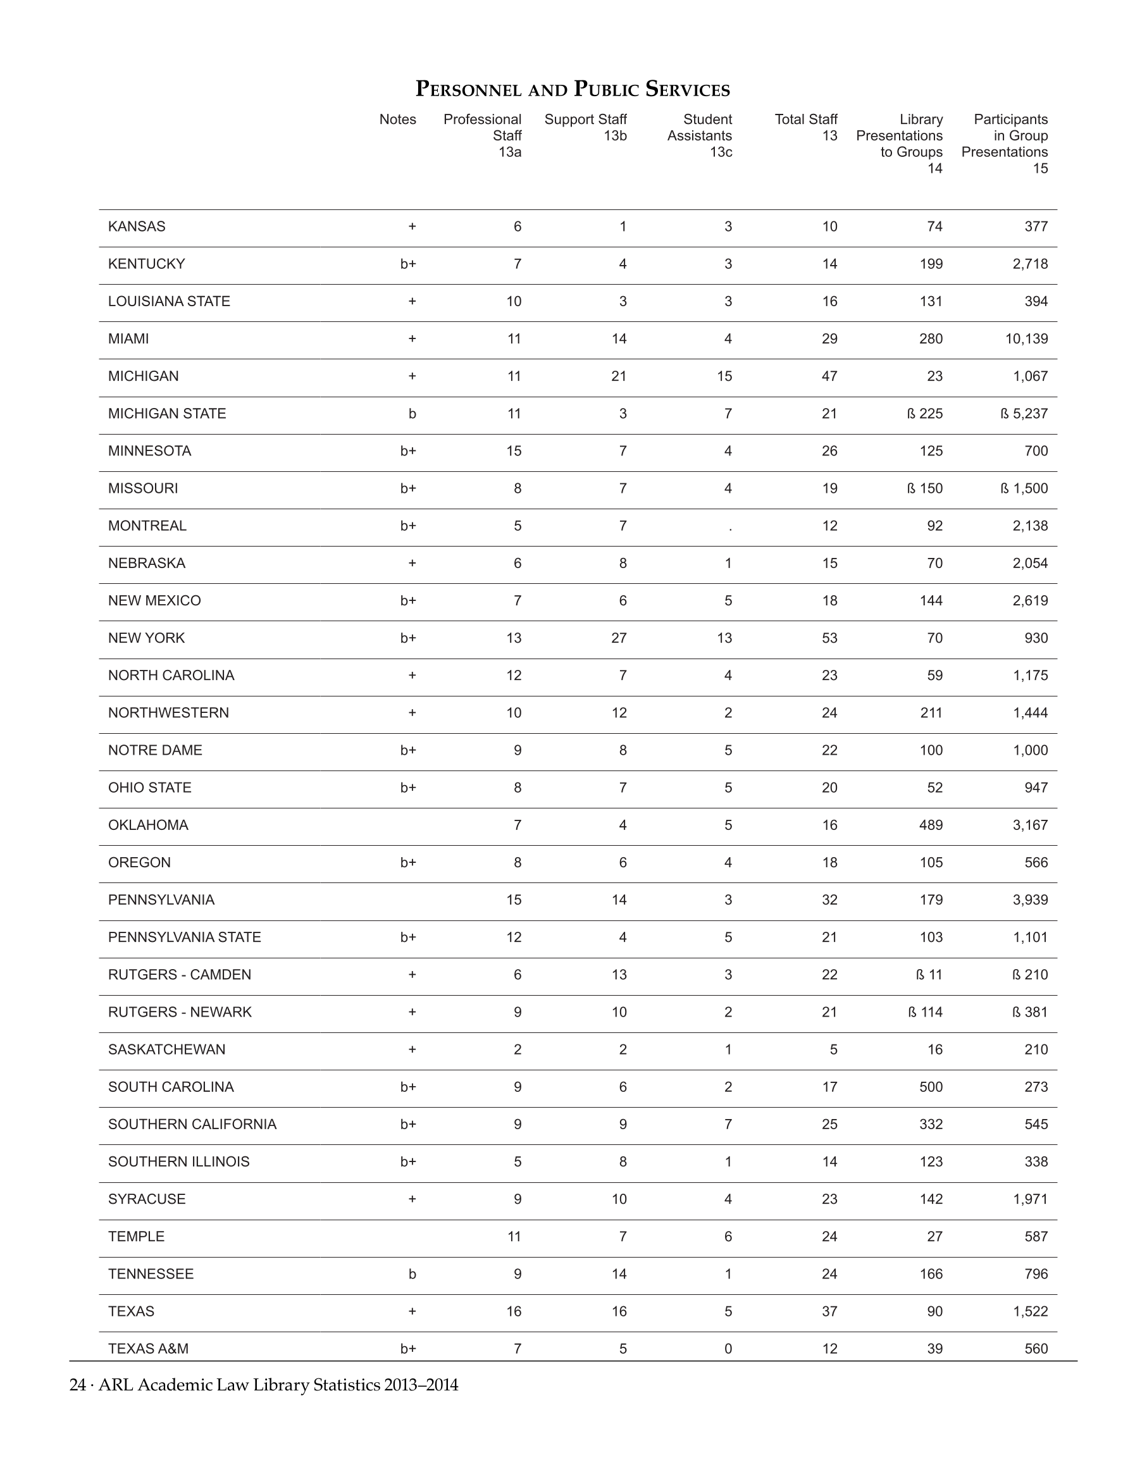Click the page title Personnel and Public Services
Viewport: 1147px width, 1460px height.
pos(573,89)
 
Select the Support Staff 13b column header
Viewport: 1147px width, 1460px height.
pos(586,128)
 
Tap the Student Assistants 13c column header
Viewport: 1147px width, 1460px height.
pos(700,135)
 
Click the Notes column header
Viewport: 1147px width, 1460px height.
pos(397,120)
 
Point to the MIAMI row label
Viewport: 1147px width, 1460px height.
pos(129,339)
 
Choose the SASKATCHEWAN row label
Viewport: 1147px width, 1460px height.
pos(166,1049)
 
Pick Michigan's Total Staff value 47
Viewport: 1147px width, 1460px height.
pos(829,376)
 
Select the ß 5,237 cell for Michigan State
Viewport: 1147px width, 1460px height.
pos(1024,414)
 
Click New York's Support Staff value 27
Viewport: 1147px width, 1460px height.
pos(619,638)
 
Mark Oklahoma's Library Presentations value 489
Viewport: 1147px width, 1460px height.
pos(931,826)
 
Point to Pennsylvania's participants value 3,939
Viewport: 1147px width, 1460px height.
pos(1030,900)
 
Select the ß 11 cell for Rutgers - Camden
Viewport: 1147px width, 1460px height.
pos(929,975)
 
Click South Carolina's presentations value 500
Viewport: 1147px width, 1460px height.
pos(931,1087)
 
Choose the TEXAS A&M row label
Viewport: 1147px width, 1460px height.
pos(149,1349)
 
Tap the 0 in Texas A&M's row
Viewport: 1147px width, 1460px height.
pos(728,1349)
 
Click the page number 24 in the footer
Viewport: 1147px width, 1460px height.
pos(77,1385)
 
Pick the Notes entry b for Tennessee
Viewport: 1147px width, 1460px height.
pos(412,1274)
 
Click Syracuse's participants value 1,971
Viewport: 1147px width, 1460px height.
pos(1030,1199)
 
